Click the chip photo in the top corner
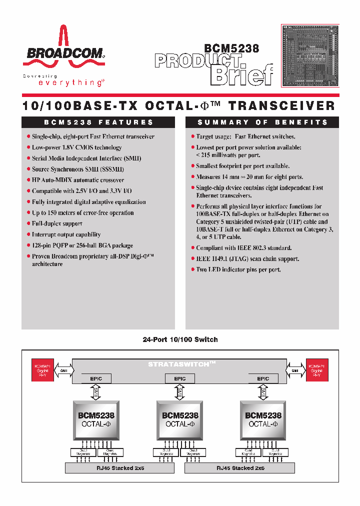click(310, 55)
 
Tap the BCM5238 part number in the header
click(231, 49)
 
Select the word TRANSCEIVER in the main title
click(281, 105)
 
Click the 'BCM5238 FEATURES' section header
click(98, 122)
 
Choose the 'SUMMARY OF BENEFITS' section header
click(262, 122)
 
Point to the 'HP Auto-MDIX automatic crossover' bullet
click(78, 180)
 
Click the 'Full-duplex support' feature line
click(57, 223)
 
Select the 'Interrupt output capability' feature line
click(66, 234)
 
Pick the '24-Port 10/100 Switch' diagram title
click(180, 339)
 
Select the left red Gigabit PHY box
click(42, 370)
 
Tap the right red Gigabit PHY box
click(317, 370)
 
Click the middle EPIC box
click(179, 378)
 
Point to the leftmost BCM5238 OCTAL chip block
click(96, 419)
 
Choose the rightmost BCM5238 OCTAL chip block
click(263, 419)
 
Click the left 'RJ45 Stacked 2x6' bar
click(120, 468)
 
